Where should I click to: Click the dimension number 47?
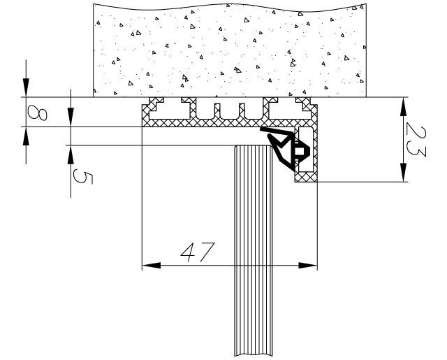pos(196,252)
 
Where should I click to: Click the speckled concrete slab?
pos(230,49)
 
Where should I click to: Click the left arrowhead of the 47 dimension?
pos(148,266)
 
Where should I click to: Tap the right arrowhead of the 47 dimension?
pos(311,266)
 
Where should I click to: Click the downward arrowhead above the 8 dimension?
pos(26,89)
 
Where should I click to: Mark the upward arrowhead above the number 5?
pos(72,152)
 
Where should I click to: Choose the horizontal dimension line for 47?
pos(230,266)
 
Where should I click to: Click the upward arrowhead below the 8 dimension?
pos(26,134)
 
